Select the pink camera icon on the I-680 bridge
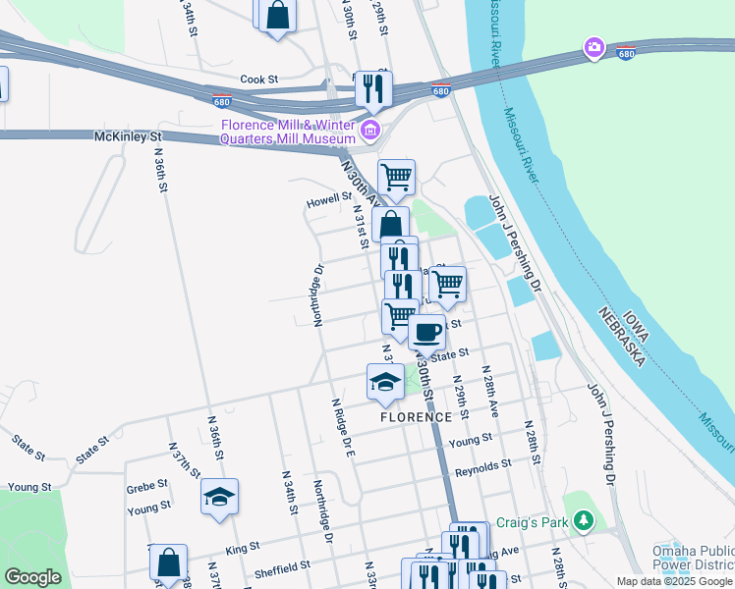click(x=594, y=47)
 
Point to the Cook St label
click(x=260, y=79)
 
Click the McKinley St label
click(x=127, y=136)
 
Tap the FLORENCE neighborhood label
click(x=416, y=416)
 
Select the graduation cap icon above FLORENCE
click(x=385, y=381)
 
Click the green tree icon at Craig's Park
click(x=584, y=518)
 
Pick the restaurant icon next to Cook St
click(x=372, y=88)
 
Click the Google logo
click(x=32, y=577)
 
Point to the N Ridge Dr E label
click(x=343, y=425)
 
